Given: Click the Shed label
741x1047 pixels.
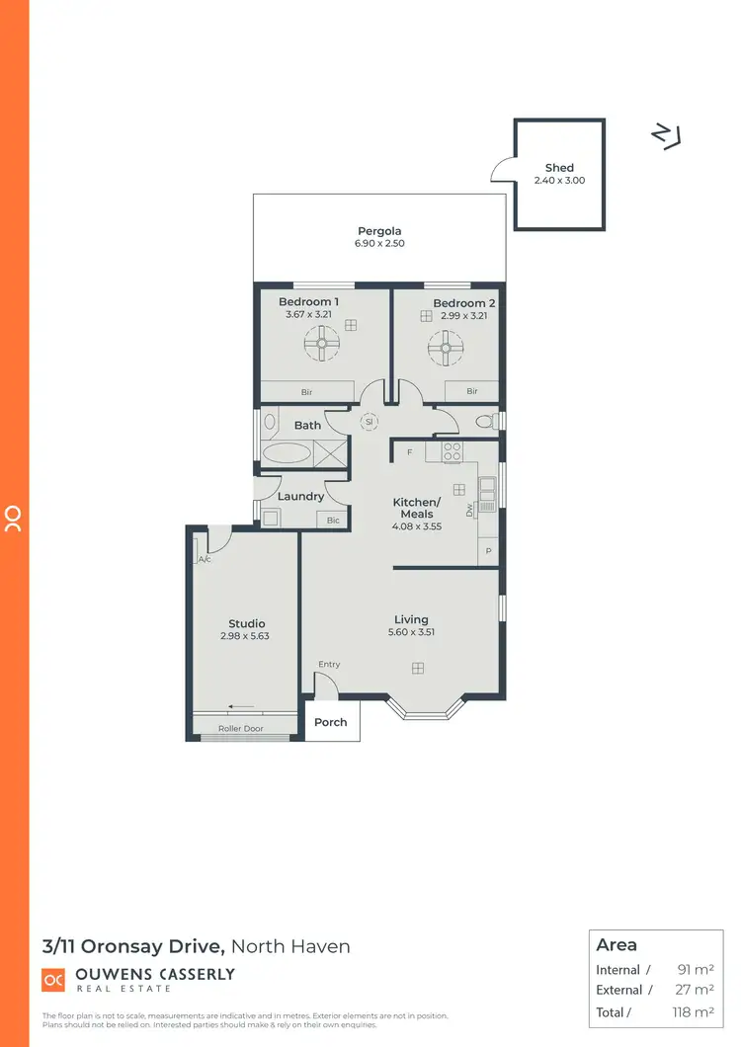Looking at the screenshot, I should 559,168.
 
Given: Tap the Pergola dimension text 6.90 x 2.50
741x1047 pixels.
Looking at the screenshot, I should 380,243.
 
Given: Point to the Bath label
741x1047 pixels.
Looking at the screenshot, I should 307,426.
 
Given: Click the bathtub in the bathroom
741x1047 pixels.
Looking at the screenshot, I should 287,454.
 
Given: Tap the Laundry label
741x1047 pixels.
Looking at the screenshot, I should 300,497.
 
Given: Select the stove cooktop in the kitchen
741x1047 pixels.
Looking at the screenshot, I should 452,451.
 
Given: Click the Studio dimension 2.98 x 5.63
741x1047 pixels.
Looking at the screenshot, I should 246,636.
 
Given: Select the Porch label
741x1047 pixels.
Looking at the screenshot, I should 331,722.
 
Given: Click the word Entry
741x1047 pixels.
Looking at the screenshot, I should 329,664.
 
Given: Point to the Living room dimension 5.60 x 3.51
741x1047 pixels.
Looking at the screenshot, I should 411,632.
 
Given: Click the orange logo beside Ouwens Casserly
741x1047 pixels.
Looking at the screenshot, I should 52,980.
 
